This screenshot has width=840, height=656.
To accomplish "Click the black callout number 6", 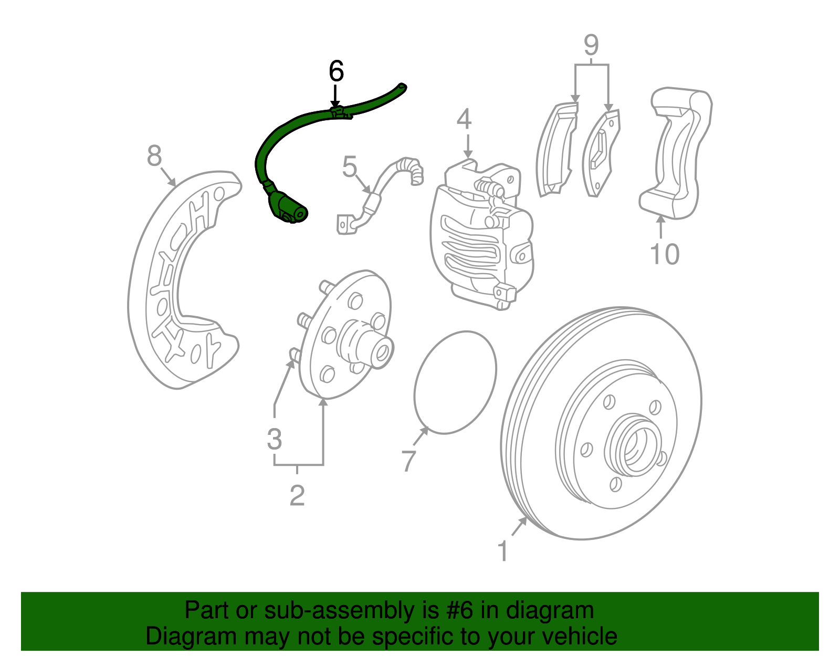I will point(336,71).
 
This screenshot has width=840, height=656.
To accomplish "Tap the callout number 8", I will point(154,156).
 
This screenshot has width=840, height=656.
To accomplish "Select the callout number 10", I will point(664,254).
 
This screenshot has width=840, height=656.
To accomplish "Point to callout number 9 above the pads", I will point(591,45).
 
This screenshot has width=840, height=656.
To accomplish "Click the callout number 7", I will point(408,460).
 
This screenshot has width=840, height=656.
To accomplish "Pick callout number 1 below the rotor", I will point(502,551).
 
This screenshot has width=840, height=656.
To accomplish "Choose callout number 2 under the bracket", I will point(297,495).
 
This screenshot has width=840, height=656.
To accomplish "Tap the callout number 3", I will point(274,439).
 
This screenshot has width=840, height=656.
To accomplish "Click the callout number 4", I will point(464,119).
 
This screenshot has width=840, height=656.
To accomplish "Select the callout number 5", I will point(350,167).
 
